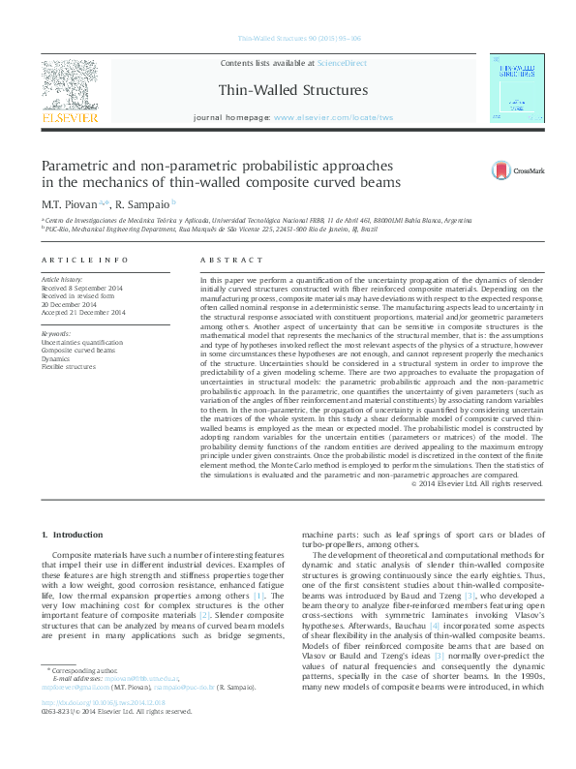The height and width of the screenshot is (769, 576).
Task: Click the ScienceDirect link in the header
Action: tap(342, 62)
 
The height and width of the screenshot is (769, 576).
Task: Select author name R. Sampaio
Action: tap(141, 204)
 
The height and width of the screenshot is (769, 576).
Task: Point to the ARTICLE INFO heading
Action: tap(85, 261)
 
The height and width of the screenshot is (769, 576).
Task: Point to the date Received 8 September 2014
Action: tap(84, 289)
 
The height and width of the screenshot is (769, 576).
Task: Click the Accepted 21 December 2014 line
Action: tap(84, 313)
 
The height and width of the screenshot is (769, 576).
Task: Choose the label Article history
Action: tap(62, 280)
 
